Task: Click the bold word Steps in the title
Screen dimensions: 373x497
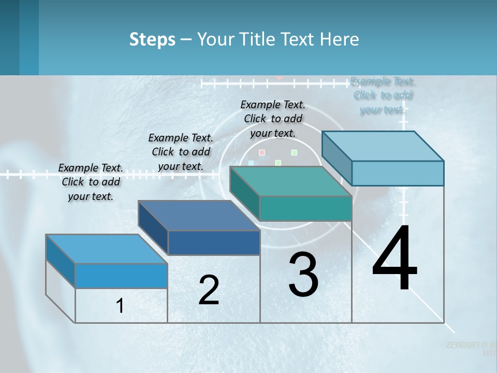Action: point(152,39)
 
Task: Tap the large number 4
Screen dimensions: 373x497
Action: point(394,259)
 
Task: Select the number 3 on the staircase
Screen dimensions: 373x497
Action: point(303,275)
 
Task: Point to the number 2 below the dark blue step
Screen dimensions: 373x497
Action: point(209,290)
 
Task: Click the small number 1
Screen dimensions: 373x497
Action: point(120,306)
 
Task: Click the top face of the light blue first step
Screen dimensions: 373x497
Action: point(107,249)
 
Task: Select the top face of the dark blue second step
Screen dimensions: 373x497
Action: point(199,216)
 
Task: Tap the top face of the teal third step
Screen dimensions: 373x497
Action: point(290,181)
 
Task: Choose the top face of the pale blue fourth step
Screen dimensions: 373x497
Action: point(383,146)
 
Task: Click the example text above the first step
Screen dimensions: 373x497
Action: point(91,182)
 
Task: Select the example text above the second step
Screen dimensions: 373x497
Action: point(181,152)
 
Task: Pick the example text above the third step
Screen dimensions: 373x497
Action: point(273,119)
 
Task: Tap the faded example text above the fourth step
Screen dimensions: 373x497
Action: point(383,95)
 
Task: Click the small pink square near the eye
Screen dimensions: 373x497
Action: point(262,152)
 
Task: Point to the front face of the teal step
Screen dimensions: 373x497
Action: point(305,209)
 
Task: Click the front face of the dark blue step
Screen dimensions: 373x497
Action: point(214,243)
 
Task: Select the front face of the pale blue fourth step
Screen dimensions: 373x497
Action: point(398,173)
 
